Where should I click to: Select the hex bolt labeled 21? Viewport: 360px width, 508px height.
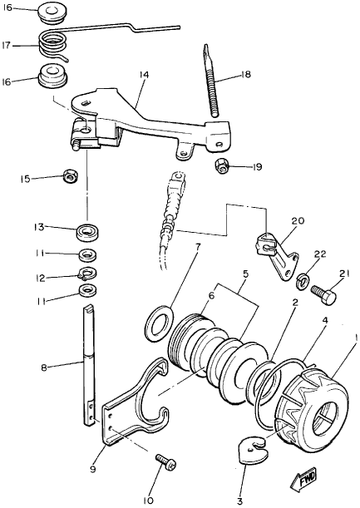[323, 293]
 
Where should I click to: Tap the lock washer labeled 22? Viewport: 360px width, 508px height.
[303, 280]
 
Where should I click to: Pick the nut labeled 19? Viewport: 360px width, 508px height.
[222, 166]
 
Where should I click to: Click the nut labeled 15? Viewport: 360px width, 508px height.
[70, 176]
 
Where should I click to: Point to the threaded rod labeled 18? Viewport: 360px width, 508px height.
[211, 81]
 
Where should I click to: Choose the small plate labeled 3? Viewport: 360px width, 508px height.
[253, 450]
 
